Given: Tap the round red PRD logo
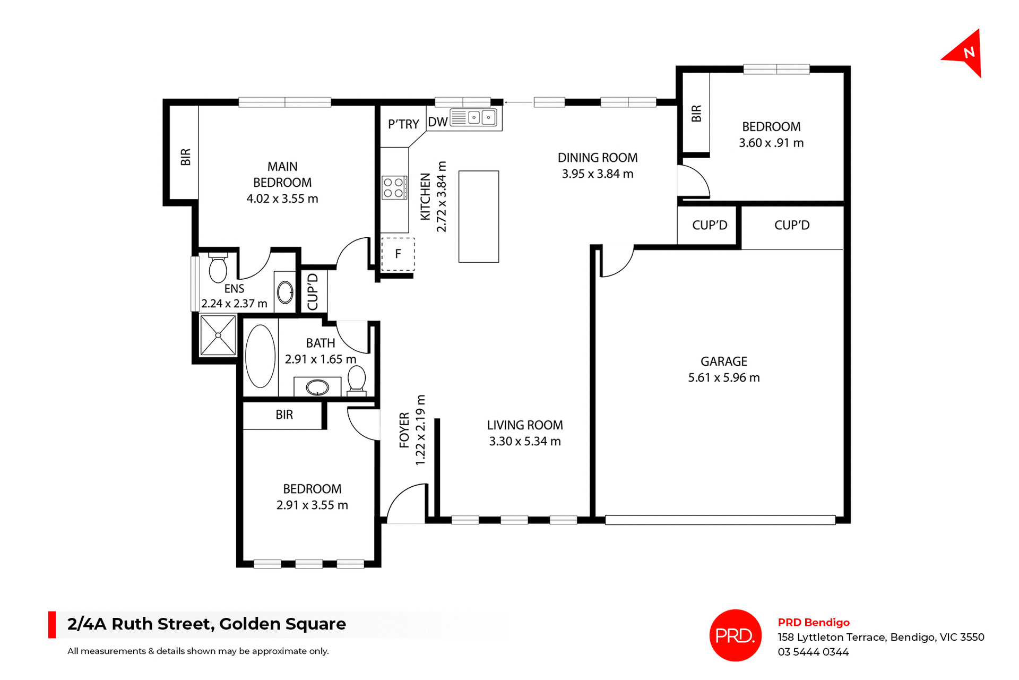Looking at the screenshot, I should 735,635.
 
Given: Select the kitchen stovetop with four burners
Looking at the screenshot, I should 394,187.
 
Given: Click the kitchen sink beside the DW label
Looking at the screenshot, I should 473,117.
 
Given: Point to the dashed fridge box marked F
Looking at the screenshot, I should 398,254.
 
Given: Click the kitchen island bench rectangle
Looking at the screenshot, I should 478,216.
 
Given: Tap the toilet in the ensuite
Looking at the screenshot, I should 218,268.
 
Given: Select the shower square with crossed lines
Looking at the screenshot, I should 218,335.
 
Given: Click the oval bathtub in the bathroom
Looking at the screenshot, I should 260,356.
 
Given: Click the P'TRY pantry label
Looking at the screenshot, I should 403,124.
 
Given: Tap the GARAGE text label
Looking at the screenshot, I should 723,361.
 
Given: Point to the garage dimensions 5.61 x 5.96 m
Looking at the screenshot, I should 723,378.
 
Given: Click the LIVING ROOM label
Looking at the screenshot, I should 524,425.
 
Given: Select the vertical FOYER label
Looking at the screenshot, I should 404,430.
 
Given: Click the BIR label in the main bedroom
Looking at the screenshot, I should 185,157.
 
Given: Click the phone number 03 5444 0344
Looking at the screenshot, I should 813,652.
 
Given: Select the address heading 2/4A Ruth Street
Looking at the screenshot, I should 206,624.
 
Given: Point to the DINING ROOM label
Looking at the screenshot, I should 597,158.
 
